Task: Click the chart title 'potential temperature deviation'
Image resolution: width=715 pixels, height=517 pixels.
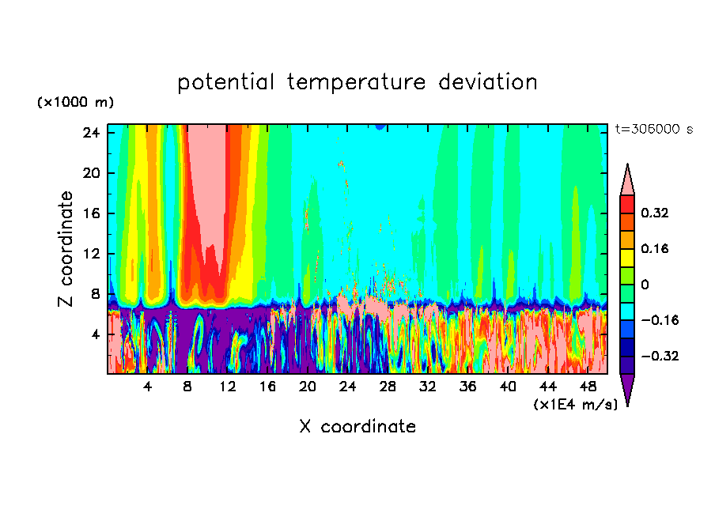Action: [357, 82]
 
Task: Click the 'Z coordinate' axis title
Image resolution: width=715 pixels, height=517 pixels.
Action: [67, 249]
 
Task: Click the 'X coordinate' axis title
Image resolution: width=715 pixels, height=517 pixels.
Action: [357, 427]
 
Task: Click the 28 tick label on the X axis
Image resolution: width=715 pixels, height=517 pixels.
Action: [388, 387]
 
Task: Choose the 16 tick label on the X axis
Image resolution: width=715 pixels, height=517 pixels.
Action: [267, 387]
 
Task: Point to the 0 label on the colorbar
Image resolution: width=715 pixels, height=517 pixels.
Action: [645, 285]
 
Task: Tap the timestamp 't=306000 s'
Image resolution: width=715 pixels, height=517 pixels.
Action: [653, 129]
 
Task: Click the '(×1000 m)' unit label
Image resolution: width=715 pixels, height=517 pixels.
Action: [75, 103]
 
